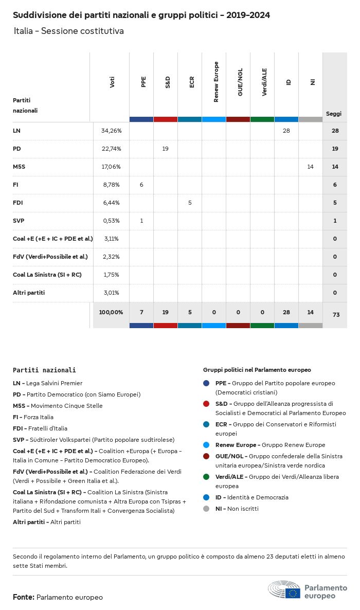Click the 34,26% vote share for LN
pyautogui.click(x=111, y=131)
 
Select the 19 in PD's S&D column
pyautogui.click(x=165, y=149)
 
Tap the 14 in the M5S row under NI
pyautogui.click(x=310, y=167)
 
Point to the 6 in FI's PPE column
pyautogui.click(x=141, y=185)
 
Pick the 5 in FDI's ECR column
pyautogui.click(x=190, y=203)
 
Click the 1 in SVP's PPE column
pyautogui.click(x=141, y=221)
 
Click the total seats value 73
pyautogui.click(x=335, y=314)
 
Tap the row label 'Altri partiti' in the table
pyautogui.click(x=29, y=293)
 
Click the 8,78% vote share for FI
pyautogui.click(x=111, y=185)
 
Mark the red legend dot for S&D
pyautogui.click(x=206, y=404)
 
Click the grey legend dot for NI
pyautogui.click(x=206, y=509)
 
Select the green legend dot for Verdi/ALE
pyautogui.click(x=206, y=477)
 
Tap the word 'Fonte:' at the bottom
pyautogui.click(x=24, y=597)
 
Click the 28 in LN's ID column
pyautogui.click(x=286, y=131)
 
